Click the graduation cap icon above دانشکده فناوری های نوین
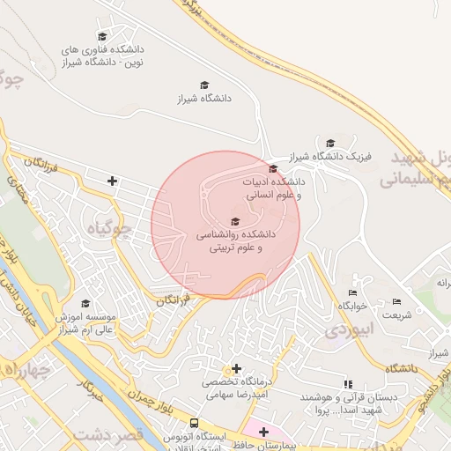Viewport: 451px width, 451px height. click(102, 37)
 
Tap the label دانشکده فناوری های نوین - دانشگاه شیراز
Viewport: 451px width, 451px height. click(101, 56)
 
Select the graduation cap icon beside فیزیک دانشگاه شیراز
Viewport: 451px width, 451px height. click(330, 143)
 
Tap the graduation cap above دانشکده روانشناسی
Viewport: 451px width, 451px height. click(234, 222)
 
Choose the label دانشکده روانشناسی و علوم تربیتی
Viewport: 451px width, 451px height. click(235, 242)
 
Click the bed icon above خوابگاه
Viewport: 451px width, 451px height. click(352, 292)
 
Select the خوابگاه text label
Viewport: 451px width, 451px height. click(351, 306)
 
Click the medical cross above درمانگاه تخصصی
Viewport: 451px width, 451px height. click(235, 368)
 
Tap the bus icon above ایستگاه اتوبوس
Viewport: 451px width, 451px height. click(194, 424)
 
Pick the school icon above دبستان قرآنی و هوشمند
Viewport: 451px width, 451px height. click(349, 384)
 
